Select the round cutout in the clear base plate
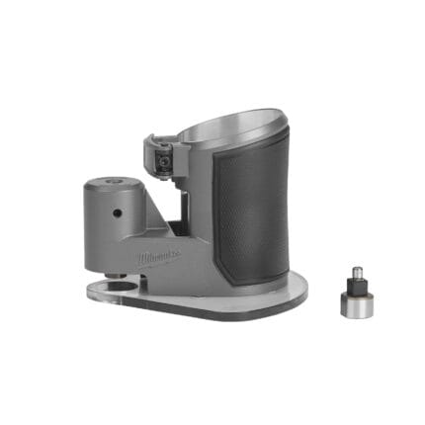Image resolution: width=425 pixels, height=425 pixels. coord(123,288)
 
